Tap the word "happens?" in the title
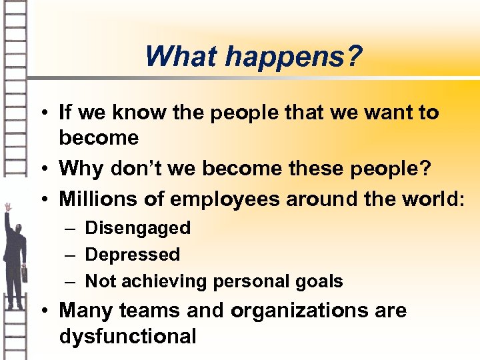(x=294, y=57)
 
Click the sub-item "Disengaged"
(x=138, y=228)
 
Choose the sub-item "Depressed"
(x=133, y=255)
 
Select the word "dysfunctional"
(x=128, y=337)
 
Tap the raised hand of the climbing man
(x=7, y=207)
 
